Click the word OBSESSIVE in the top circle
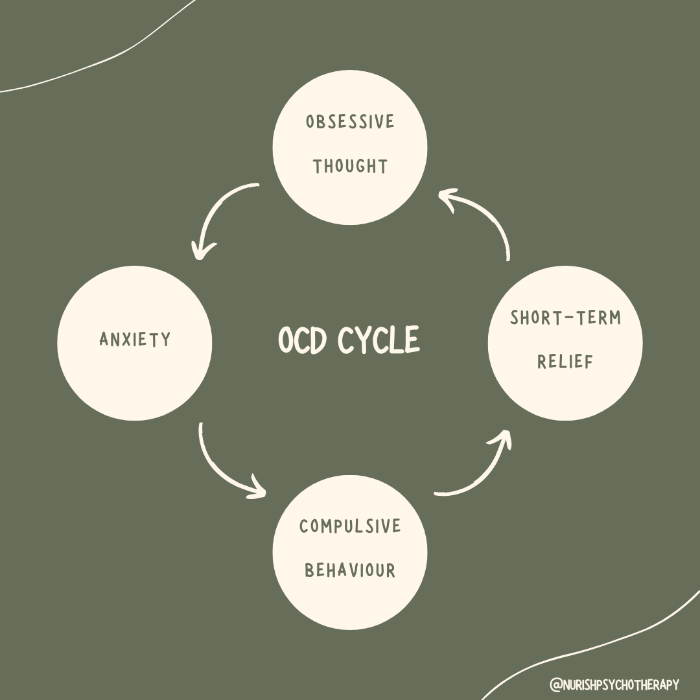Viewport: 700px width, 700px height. (x=350, y=122)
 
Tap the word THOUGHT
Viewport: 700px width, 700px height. (x=350, y=167)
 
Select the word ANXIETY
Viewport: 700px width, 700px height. (x=135, y=339)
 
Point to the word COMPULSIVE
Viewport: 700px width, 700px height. (x=350, y=526)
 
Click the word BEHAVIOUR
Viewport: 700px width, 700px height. (x=350, y=570)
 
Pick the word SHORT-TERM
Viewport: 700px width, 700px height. (x=565, y=318)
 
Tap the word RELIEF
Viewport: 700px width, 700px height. (x=565, y=362)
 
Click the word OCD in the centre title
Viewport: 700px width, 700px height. (x=302, y=340)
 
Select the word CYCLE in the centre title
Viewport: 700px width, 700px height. (x=379, y=340)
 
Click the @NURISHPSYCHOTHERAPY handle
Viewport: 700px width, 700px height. (x=614, y=684)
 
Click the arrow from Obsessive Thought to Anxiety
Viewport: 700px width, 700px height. (x=217, y=207)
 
